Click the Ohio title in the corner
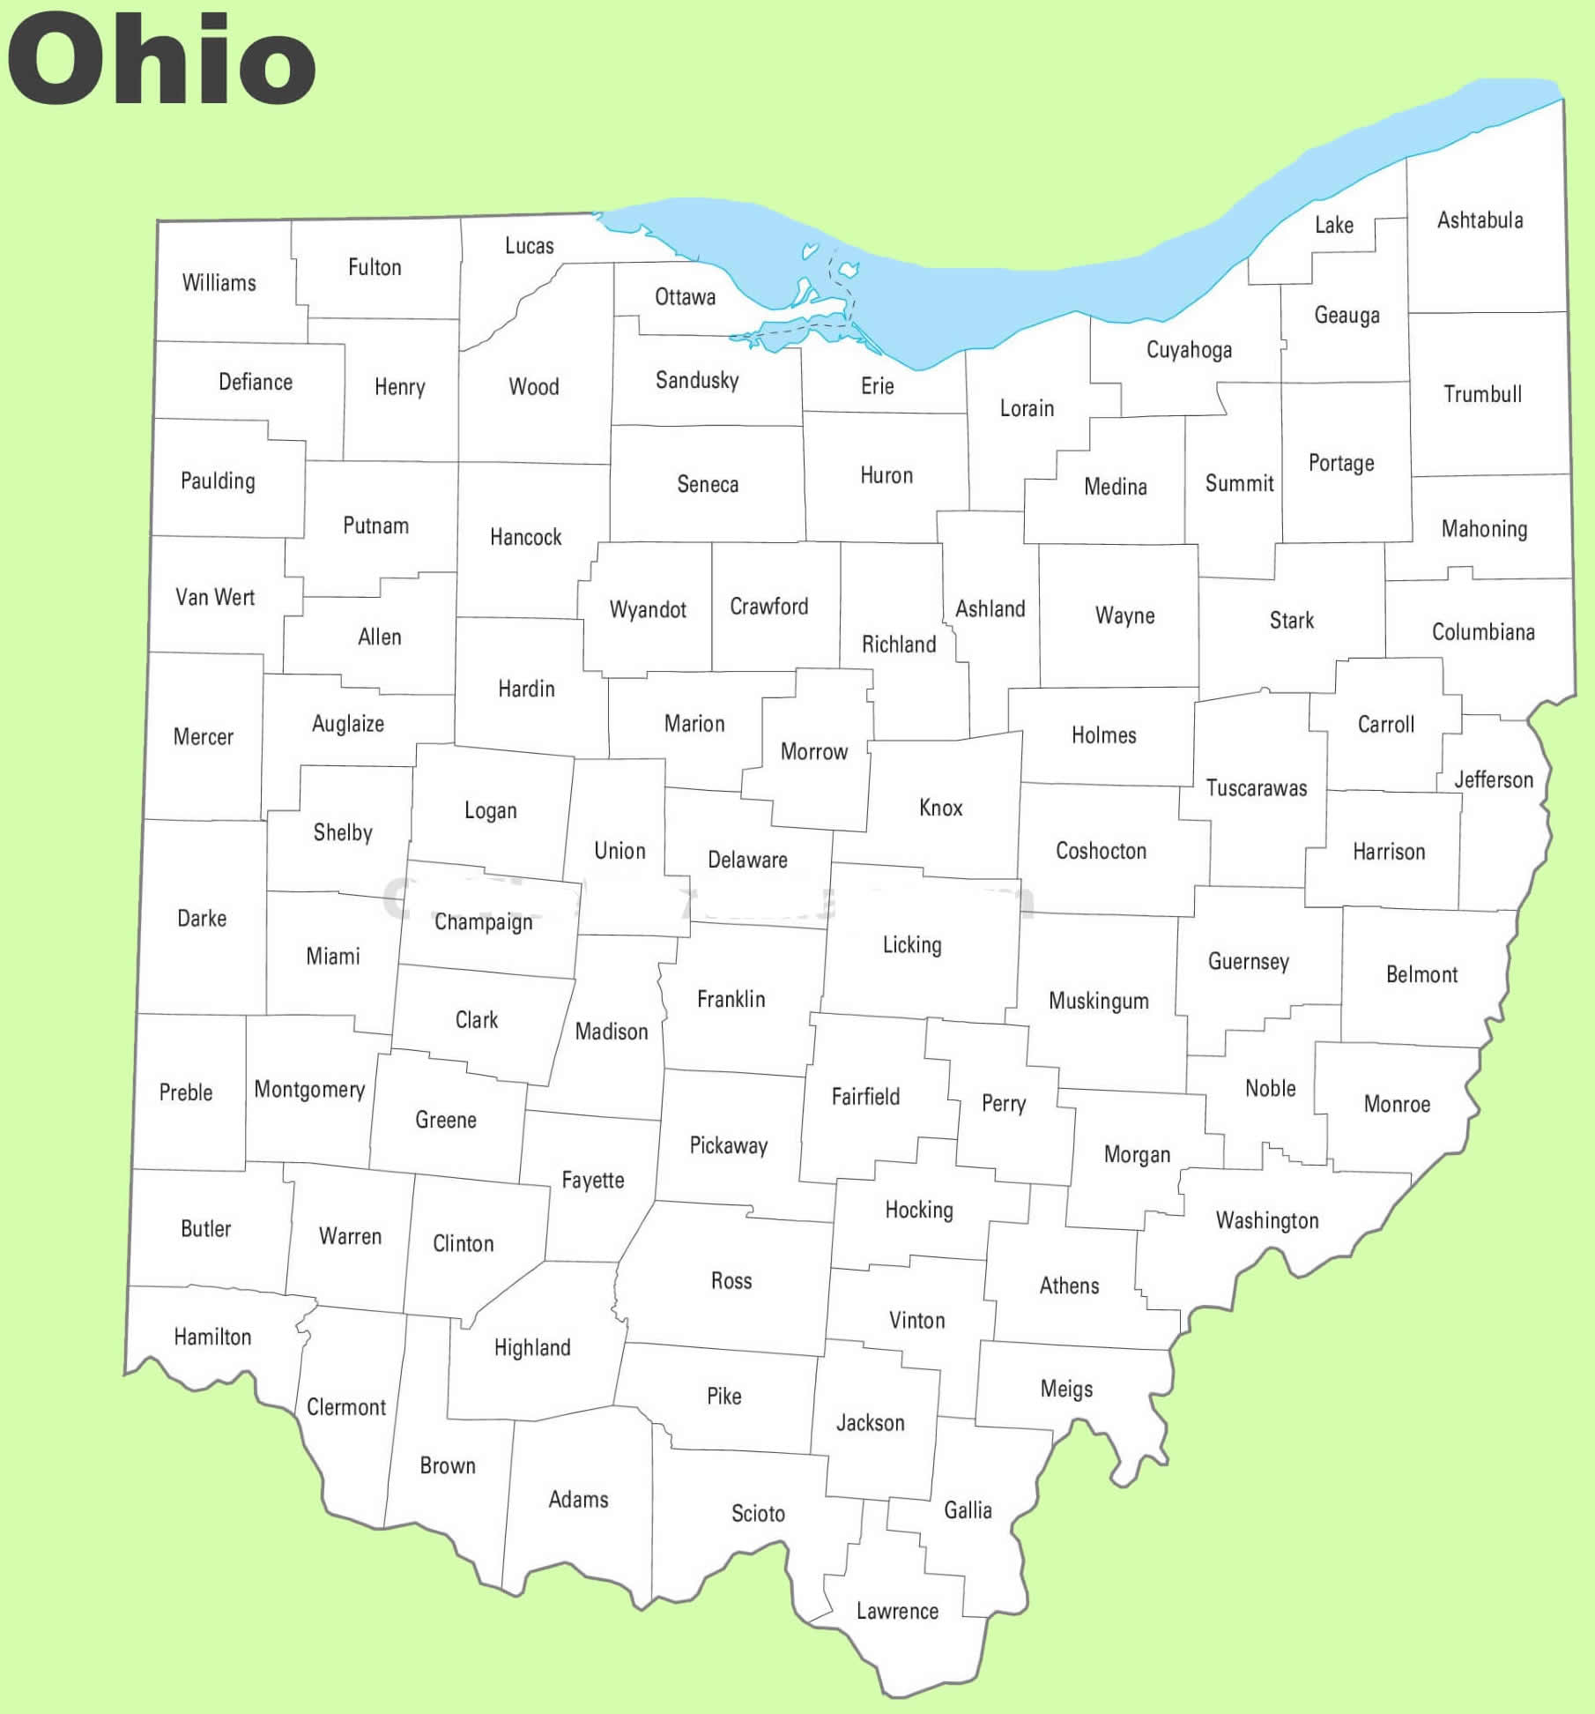(x=161, y=60)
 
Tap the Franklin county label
(x=731, y=999)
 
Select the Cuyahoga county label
(x=1189, y=350)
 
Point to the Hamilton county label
(x=212, y=1337)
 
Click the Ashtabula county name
(x=1480, y=220)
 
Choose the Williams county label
(x=219, y=283)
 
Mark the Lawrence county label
(x=897, y=1611)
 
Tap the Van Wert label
(x=215, y=597)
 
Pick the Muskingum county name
(x=1098, y=1001)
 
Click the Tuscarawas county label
(x=1256, y=788)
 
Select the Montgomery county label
(x=309, y=1090)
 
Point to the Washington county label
(x=1266, y=1220)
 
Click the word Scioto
(x=758, y=1513)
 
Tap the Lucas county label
(x=529, y=246)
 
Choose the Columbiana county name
(x=1482, y=632)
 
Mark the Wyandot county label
(x=648, y=609)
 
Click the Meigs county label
(x=1066, y=1389)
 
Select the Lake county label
(x=1333, y=225)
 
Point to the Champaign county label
(x=483, y=922)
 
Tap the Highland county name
(x=532, y=1347)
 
